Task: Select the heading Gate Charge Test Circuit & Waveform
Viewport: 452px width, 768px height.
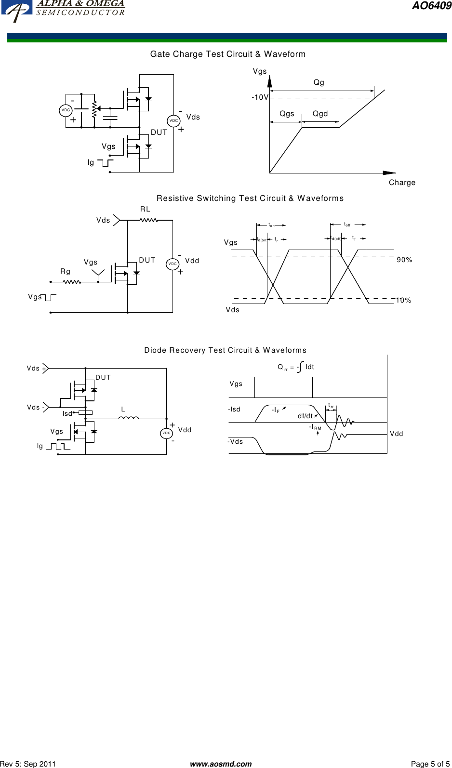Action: (227, 54)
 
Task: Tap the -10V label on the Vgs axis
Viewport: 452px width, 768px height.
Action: (260, 97)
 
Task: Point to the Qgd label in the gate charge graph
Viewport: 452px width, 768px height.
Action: (320, 114)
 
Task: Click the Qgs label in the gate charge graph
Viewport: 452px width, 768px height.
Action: (287, 114)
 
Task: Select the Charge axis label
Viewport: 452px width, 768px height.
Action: (402, 183)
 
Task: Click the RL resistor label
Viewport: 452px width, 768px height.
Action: (145, 209)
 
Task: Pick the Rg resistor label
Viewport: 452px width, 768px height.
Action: (66, 272)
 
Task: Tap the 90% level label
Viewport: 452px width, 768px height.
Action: (404, 260)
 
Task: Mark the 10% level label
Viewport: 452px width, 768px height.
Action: (404, 300)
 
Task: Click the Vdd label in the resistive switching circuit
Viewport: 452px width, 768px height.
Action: (192, 261)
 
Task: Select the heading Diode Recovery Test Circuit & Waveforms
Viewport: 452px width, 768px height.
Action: (225, 350)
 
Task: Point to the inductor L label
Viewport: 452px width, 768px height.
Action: (123, 409)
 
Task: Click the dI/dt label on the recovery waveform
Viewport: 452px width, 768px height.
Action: (305, 416)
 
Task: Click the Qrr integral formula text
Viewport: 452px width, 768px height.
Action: (295, 367)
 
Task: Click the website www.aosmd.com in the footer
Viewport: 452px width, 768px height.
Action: (221, 764)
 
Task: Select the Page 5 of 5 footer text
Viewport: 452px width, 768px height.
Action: (430, 764)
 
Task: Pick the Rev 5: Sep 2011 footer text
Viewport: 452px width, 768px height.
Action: (28, 764)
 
